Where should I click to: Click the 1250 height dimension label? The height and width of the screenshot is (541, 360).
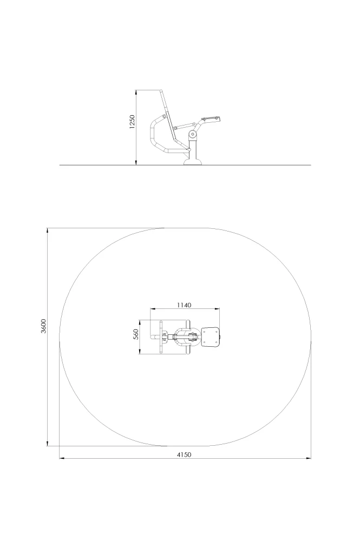(x=132, y=122)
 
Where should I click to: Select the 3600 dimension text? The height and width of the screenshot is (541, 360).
(x=43, y=326)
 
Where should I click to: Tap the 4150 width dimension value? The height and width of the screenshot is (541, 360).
(x=184, y=455)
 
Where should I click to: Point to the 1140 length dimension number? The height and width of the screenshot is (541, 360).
(x=184, y=305)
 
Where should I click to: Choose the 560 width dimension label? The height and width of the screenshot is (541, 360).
(x=136, y=334)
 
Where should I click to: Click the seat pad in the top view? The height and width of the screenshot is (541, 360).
(x=210, y=337)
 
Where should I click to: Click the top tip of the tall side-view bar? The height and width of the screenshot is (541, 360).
(x=161, y=90)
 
